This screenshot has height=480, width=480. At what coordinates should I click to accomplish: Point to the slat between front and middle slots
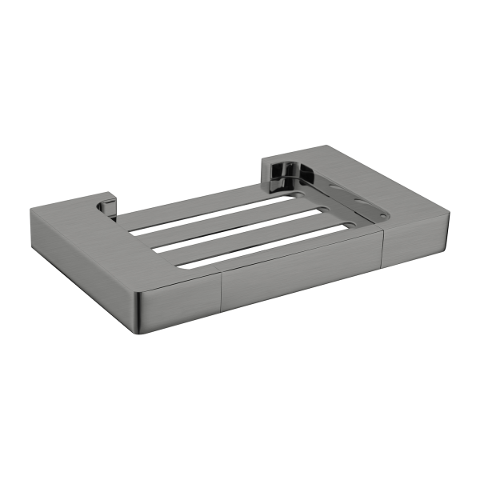(x=248, y=242)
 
